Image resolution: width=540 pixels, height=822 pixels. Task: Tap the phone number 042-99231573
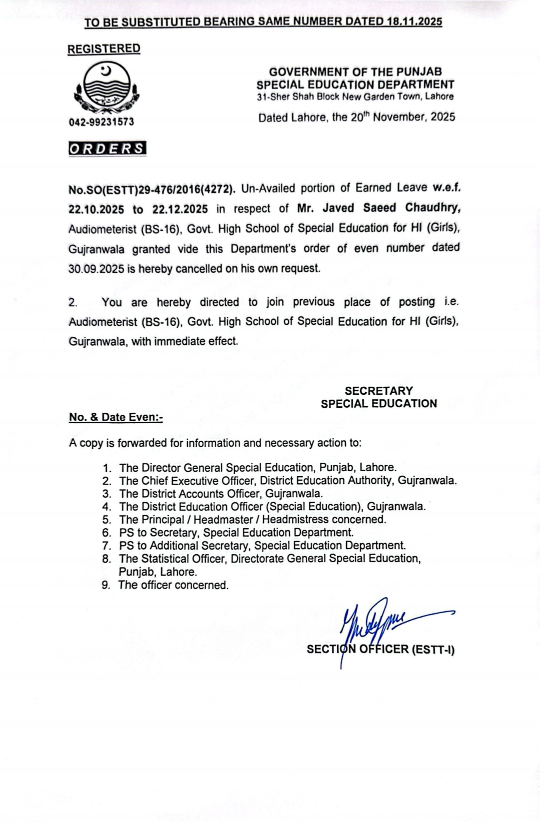[x=101, y=122]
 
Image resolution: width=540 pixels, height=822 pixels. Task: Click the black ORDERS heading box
[x=107, y=149]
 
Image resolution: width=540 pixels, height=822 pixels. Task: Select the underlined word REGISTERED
[x=104, y=48]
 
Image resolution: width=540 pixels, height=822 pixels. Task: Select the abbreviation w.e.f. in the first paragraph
[x=444, y=188]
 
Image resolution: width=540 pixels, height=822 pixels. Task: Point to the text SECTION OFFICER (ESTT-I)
[x=380, y=650]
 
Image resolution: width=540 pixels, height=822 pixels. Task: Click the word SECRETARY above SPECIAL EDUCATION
[x=378, y=391]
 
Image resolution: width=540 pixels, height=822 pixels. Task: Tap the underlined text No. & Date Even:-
[x=115, y=417]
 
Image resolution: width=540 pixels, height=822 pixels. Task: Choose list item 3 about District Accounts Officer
[x=221, y=494]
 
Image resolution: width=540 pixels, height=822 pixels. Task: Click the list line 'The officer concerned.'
[x=173, y=585]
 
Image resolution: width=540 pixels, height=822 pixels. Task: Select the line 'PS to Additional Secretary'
[x=262, y=546]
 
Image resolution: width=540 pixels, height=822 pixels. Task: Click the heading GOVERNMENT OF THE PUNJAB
[x=355, y=72]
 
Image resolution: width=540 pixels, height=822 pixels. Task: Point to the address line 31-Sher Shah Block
[x=355, y=97]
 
